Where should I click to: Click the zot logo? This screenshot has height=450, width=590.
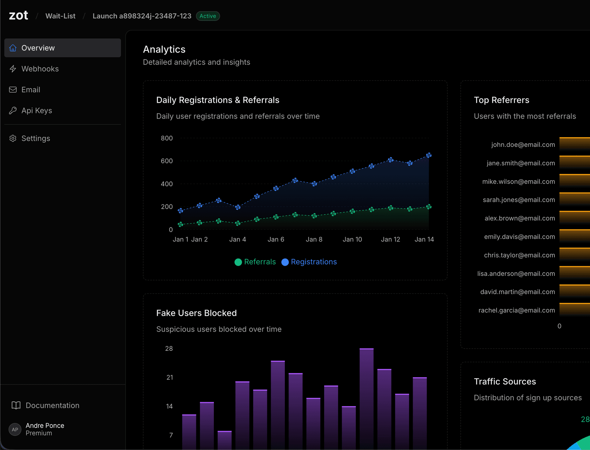[x=18, y=15]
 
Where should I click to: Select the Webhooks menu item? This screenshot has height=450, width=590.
[x=40, y=69]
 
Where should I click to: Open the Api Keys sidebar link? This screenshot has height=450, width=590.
[x=37, y=111]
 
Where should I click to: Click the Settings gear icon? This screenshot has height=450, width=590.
[x=13, y=138]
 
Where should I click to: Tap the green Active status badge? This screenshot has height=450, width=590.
[x=208, y=16]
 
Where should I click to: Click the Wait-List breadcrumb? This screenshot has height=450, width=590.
[x=60, y=16]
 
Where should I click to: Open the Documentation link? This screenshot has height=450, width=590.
[x=52, y=405]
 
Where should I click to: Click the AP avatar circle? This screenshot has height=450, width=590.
[x=15, y=429]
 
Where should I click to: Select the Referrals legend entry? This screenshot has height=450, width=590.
[x=255, y=262]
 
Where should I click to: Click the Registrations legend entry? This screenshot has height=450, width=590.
[x=309, y=262]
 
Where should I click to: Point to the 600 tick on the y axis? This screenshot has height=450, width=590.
[x=167, y=161]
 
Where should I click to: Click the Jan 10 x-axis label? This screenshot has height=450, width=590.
[x=352, y=239]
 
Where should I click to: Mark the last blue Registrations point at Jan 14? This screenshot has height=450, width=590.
[x=429, y=155]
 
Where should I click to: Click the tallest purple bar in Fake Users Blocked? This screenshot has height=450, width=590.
[x=366, y=399]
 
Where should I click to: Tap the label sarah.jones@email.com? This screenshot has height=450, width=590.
[x=519, y=200]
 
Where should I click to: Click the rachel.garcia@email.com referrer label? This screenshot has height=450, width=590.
[x=517, y=310]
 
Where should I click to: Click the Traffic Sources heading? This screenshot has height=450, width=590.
[x=505, y=382]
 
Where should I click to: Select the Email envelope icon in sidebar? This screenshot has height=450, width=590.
[x=13, y=90]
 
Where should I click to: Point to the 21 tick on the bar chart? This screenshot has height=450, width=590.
[x=170, y=378]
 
